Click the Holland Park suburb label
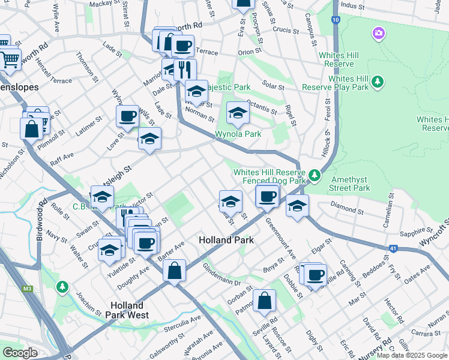(x=226, y=240)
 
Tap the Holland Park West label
(x=131, y=309)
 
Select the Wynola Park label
(x=238, y=134)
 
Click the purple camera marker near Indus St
(x=378, y=32)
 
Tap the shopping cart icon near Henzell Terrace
(x=10, y=59)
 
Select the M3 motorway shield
(x=28, y=289)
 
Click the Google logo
(x=20, y=353)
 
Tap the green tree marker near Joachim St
(x=62, y=287)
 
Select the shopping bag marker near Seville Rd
(x=264, y=301)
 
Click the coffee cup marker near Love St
(x=127, y=116)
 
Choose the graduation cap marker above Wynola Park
(x=238, y=113)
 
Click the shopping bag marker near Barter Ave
(x=174, y=270)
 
